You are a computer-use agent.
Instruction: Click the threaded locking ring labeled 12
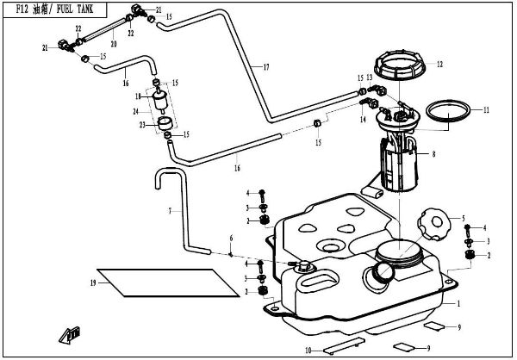point(401,65)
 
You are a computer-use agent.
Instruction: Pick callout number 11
point(486,109)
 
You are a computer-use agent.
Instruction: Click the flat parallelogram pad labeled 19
point(164,282)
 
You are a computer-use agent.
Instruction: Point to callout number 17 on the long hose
point(267,66)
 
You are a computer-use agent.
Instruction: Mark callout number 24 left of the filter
point(135,111)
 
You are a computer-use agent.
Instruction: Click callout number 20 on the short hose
point(113,42)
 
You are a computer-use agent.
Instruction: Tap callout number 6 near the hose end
point(231,237)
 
